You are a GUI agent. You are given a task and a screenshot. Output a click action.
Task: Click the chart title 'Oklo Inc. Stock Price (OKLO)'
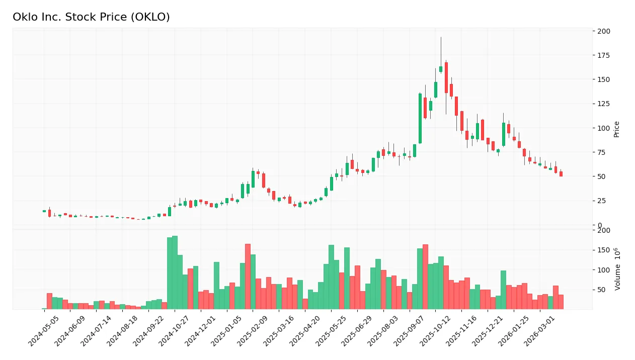click(x=91, y=17)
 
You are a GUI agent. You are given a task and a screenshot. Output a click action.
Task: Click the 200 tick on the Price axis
click(x=603, y=31)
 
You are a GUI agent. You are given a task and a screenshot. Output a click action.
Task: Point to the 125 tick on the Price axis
click(x=603, y=104)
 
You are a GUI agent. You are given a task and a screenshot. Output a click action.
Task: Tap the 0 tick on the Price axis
click(x=600, y=225)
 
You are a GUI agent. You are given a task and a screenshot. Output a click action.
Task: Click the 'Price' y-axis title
click(x=616, y=129)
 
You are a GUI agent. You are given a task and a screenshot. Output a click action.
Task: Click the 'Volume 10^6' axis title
click(x=617, y=269)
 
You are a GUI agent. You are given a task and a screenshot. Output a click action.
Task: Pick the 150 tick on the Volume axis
click(x=603, y=250)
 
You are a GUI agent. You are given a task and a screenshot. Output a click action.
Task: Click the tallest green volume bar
click(x=175, y=273)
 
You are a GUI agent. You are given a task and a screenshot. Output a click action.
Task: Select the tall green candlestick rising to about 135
click(x=420, y=118)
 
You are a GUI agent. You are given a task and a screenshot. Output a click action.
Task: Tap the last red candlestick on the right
click(x=561, y=173)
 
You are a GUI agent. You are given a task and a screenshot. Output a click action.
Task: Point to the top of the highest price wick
click(x=441, y=37)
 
